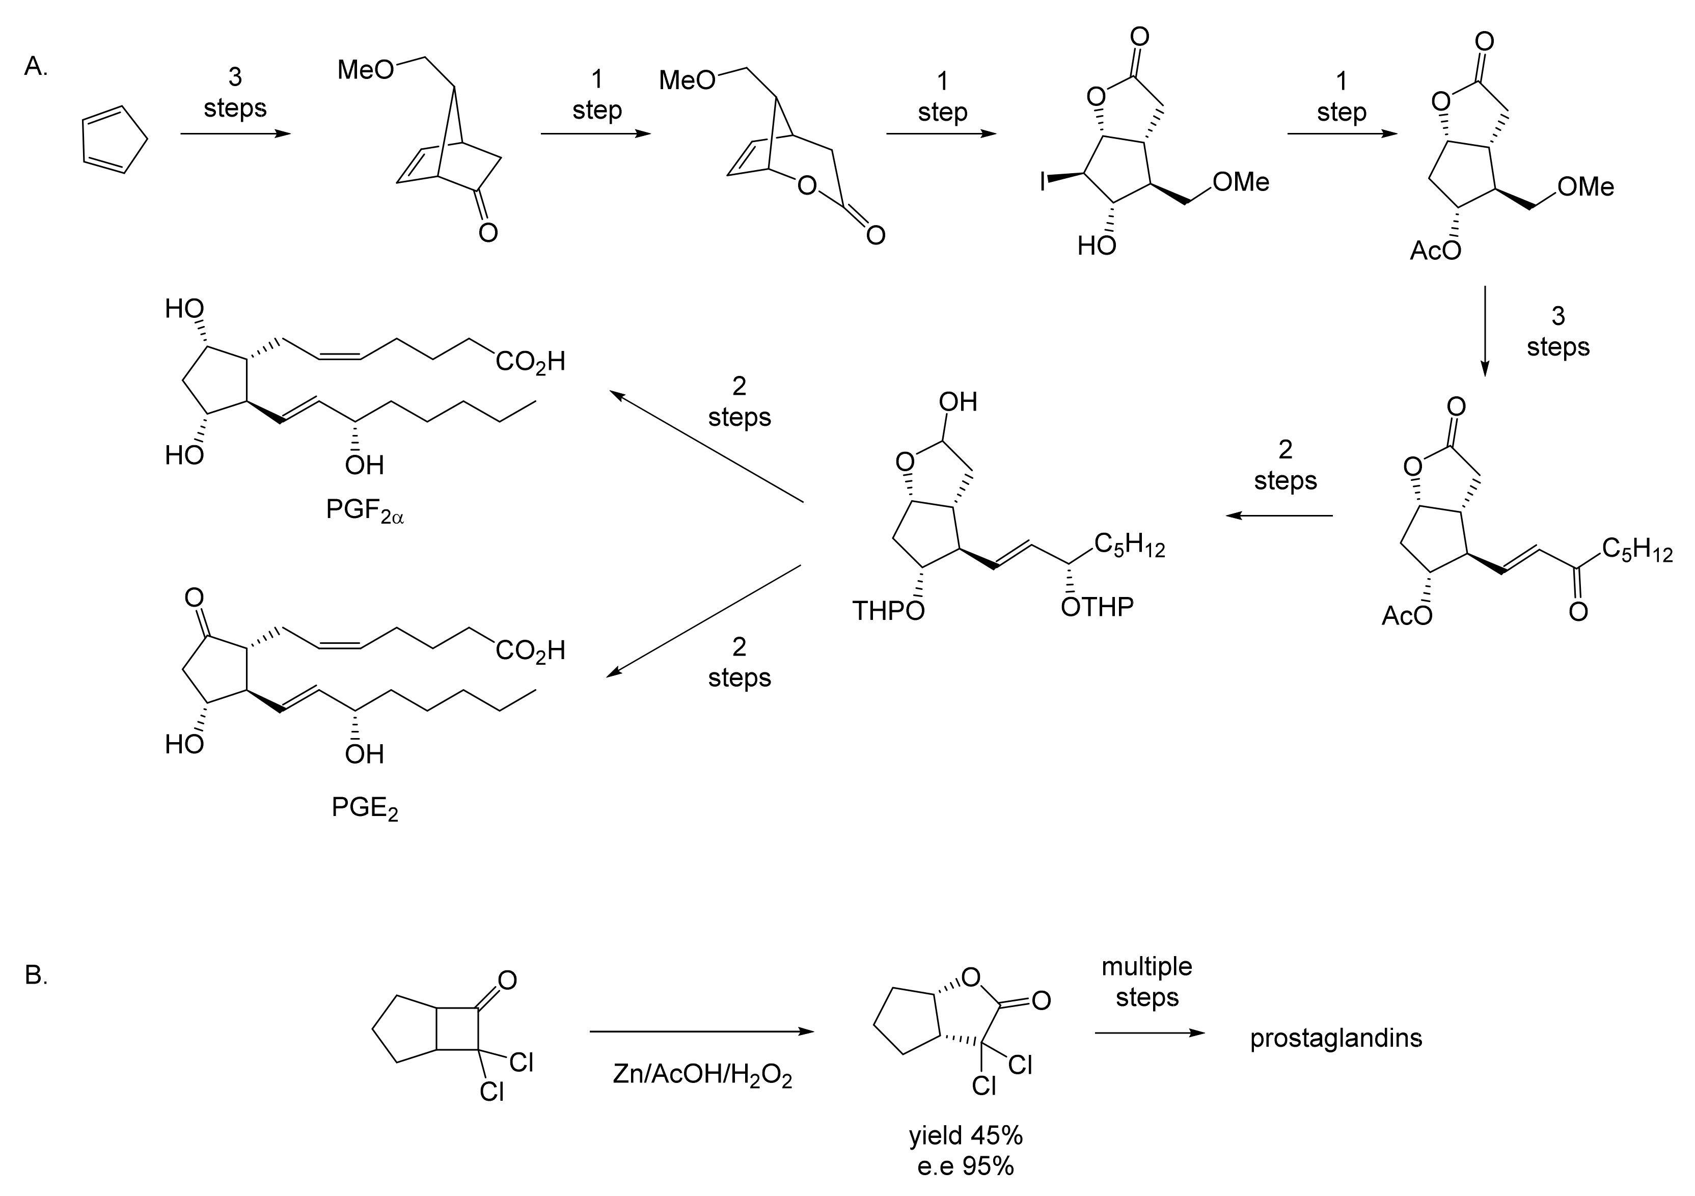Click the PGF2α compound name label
coord(365,511)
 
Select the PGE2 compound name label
coord(365,808)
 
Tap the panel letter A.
coord(36,67)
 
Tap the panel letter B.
coord(36,976)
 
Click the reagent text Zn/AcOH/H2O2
coord(702,1076)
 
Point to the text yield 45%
coord(966,1135)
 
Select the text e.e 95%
coord(966,1166)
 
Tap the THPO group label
coord(888,611)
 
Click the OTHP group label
coord(1097,607)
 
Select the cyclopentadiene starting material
coord(114,140)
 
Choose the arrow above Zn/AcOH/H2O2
coord(701,1031)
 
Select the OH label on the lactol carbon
coord(958,402)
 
